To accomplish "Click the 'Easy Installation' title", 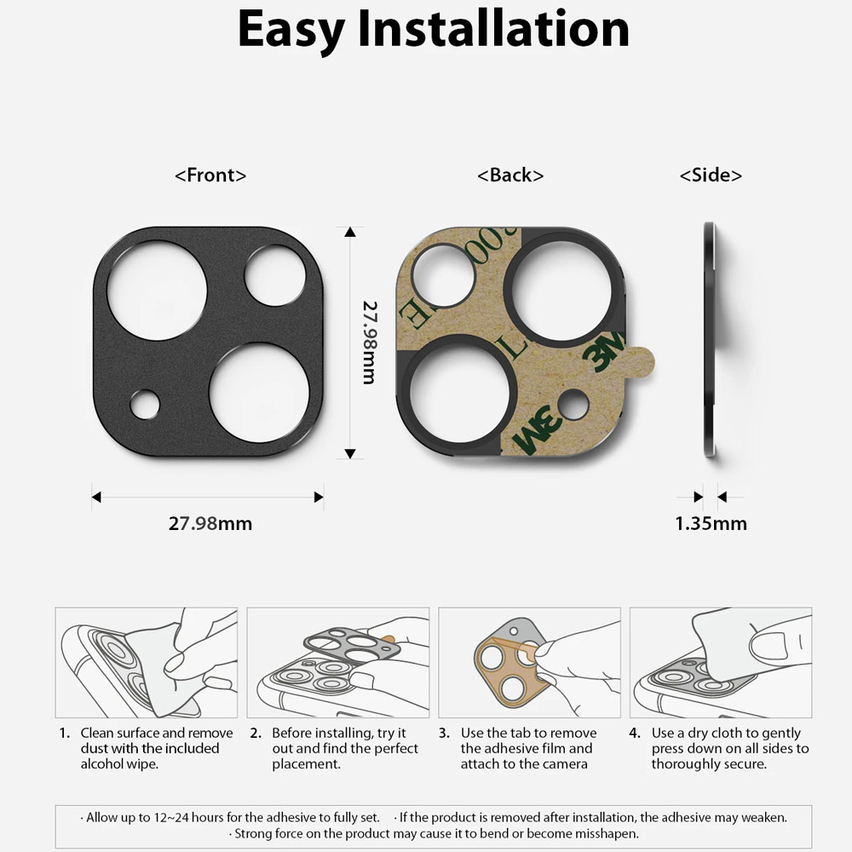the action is point(433,29).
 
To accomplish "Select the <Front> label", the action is point(210,175).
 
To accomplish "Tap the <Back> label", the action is point(510,175).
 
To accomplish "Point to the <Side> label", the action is point(711,175).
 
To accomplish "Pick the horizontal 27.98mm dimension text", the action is point(210,523).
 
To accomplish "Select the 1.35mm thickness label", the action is point(711,523).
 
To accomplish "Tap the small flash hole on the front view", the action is point(145,405).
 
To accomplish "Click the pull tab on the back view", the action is point(642,362).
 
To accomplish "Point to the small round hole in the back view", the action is point(573,404).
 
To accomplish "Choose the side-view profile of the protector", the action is point(709,340).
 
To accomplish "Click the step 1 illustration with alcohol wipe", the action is point(147,662).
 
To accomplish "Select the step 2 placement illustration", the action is point(338,662).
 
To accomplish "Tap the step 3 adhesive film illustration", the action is point(529,662).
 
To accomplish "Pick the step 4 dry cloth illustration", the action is point(721,662).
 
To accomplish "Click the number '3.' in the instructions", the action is point(444,733).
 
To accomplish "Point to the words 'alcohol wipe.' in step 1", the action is point(119,764).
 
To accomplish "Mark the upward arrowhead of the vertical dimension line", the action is point(350,232).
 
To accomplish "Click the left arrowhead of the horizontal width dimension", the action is point(96,497).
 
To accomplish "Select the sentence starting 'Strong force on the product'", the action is point(434,833).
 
